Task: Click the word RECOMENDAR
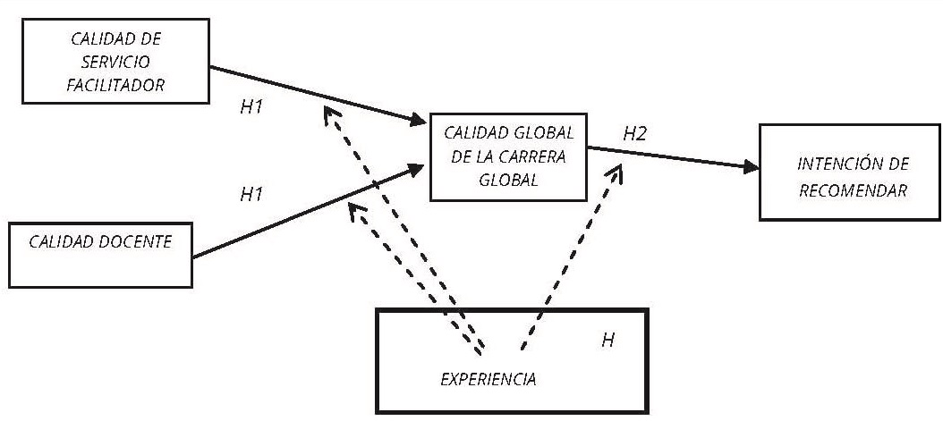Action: [853, 189]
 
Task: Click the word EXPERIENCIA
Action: [488, 379]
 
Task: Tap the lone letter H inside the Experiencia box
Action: [607, 341]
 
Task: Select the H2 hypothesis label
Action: [635, 134]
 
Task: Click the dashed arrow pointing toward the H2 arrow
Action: [569, 259]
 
